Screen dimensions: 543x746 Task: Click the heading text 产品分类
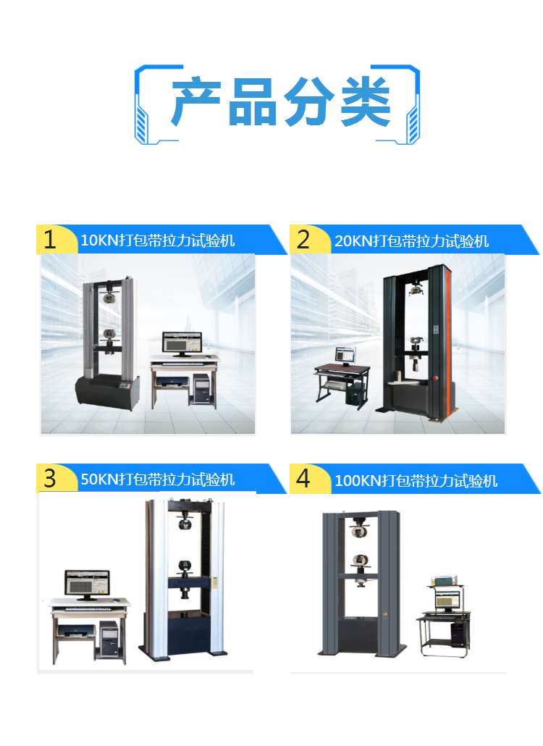coord(281,102)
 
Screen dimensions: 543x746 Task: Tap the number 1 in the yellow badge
coord(50,239)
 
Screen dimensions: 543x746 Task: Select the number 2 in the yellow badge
coord(303,239)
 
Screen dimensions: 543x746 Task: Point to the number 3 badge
coord(50,478)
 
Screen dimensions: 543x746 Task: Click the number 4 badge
coord(303,478)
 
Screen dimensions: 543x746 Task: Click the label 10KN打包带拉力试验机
coord(157,240)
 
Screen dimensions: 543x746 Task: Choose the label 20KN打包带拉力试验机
coord(411,240)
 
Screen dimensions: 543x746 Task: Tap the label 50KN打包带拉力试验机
coord(157,479)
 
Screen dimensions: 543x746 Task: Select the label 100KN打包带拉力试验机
coord(416,480)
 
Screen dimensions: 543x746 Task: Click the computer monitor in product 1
coord(182,343)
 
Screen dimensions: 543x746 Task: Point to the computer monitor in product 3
coord(87,584)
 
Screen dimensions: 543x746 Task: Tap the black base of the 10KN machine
coord(107,392)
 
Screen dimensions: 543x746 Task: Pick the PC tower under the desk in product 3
coord(109,640)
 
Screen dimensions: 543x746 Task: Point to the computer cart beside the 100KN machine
coord(444,616)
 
